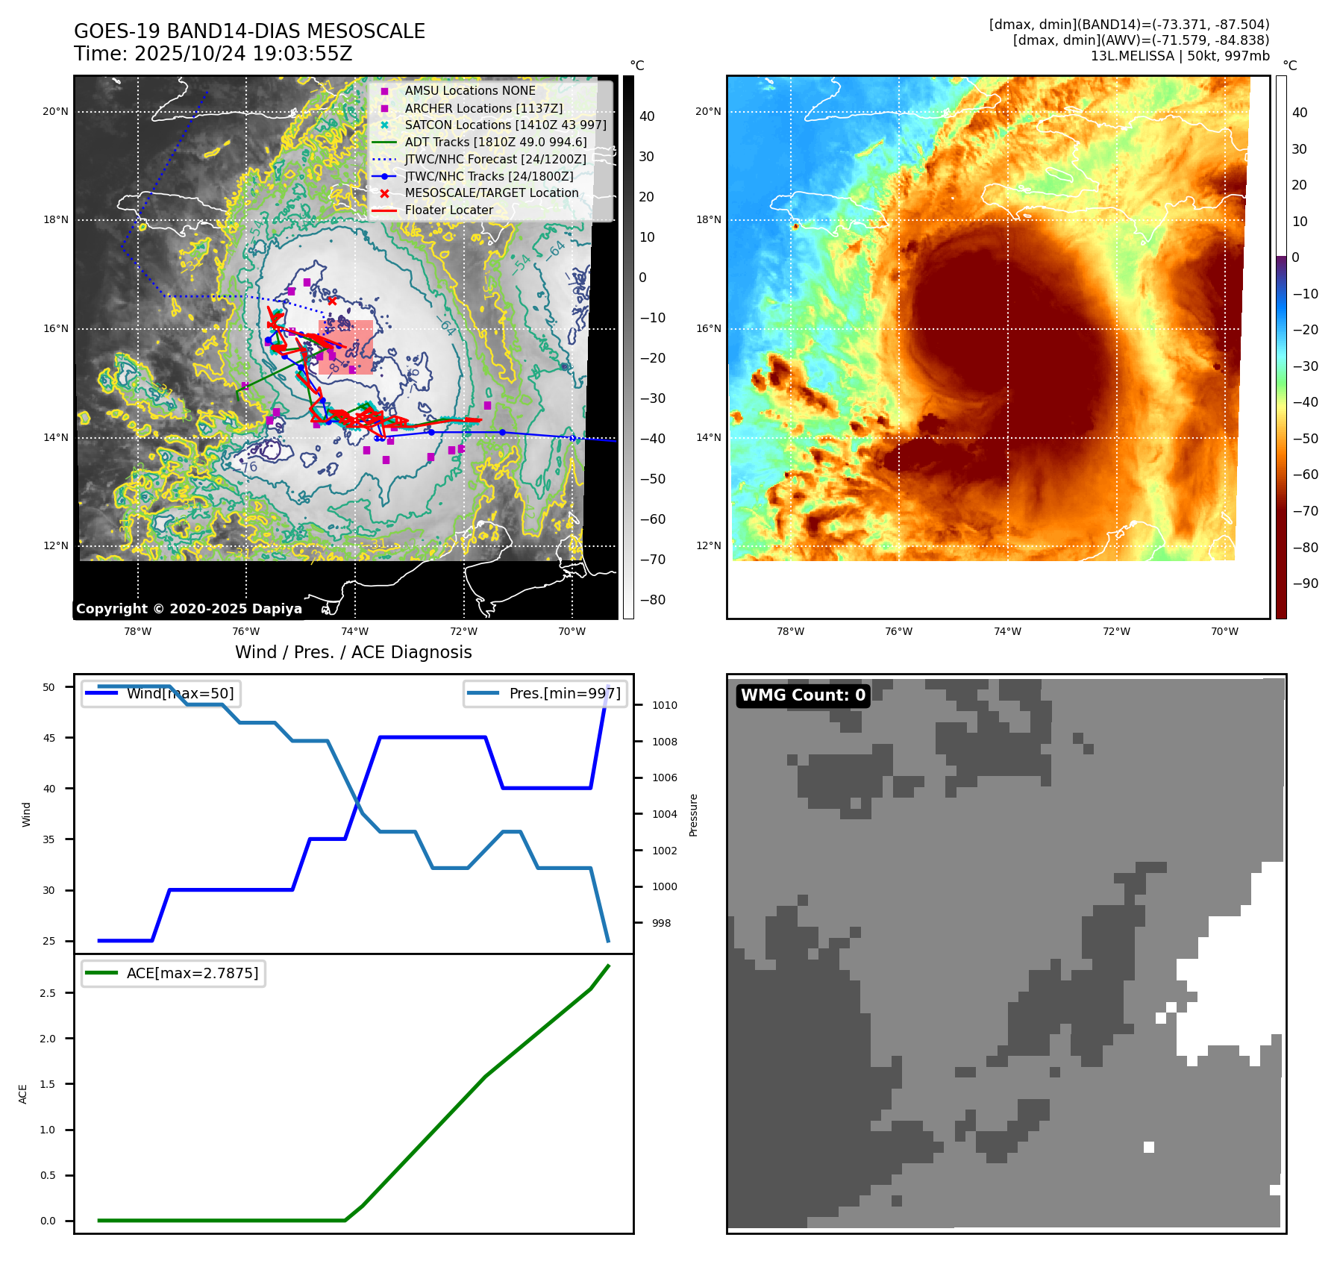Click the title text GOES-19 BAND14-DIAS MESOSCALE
249,31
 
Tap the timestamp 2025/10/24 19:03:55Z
243,54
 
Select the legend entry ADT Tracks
495,142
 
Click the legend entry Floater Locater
448,210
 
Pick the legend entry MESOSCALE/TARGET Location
491,193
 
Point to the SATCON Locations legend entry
505,125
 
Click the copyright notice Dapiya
189,609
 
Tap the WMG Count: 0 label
803,695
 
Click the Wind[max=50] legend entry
180,694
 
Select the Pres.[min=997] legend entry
564,694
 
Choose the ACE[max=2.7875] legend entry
192,973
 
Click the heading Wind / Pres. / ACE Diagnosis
353,652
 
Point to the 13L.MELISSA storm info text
1180,56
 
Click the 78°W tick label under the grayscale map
137,631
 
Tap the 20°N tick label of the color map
708,112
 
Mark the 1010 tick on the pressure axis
664,705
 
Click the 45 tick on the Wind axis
49,738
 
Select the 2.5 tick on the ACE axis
48,993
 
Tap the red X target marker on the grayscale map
332,301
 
